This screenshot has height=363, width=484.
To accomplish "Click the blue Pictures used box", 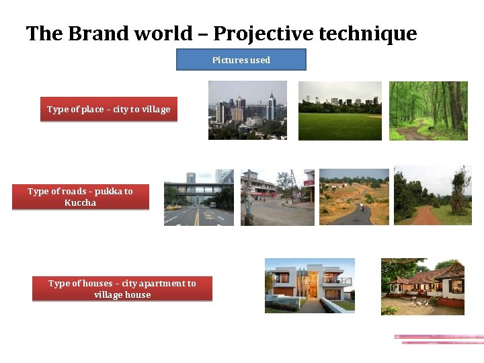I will click(241, 60).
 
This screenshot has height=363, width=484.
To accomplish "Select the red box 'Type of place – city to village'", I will click(108, 110).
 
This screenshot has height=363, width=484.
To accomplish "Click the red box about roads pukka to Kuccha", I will click(80, 197).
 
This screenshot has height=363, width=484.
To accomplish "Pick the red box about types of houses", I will click(122, 289).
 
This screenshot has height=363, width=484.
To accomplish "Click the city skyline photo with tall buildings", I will click(247, 110).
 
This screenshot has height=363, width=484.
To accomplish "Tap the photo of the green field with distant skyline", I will click(339, 111).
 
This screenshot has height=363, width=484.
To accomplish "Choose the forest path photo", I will click(428, 111).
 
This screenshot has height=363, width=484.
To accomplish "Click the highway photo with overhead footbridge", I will click(198, 197).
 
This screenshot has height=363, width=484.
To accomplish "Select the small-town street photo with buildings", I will click(277, 197).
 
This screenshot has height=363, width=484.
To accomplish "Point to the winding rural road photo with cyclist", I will click(354, 196).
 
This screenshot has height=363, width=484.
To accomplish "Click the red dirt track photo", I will click(432, 195).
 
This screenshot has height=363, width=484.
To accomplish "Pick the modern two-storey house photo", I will click(309, 286).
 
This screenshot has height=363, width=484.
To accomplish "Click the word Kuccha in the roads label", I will click(80, 203).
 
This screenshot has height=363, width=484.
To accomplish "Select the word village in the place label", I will click(155, 110).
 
